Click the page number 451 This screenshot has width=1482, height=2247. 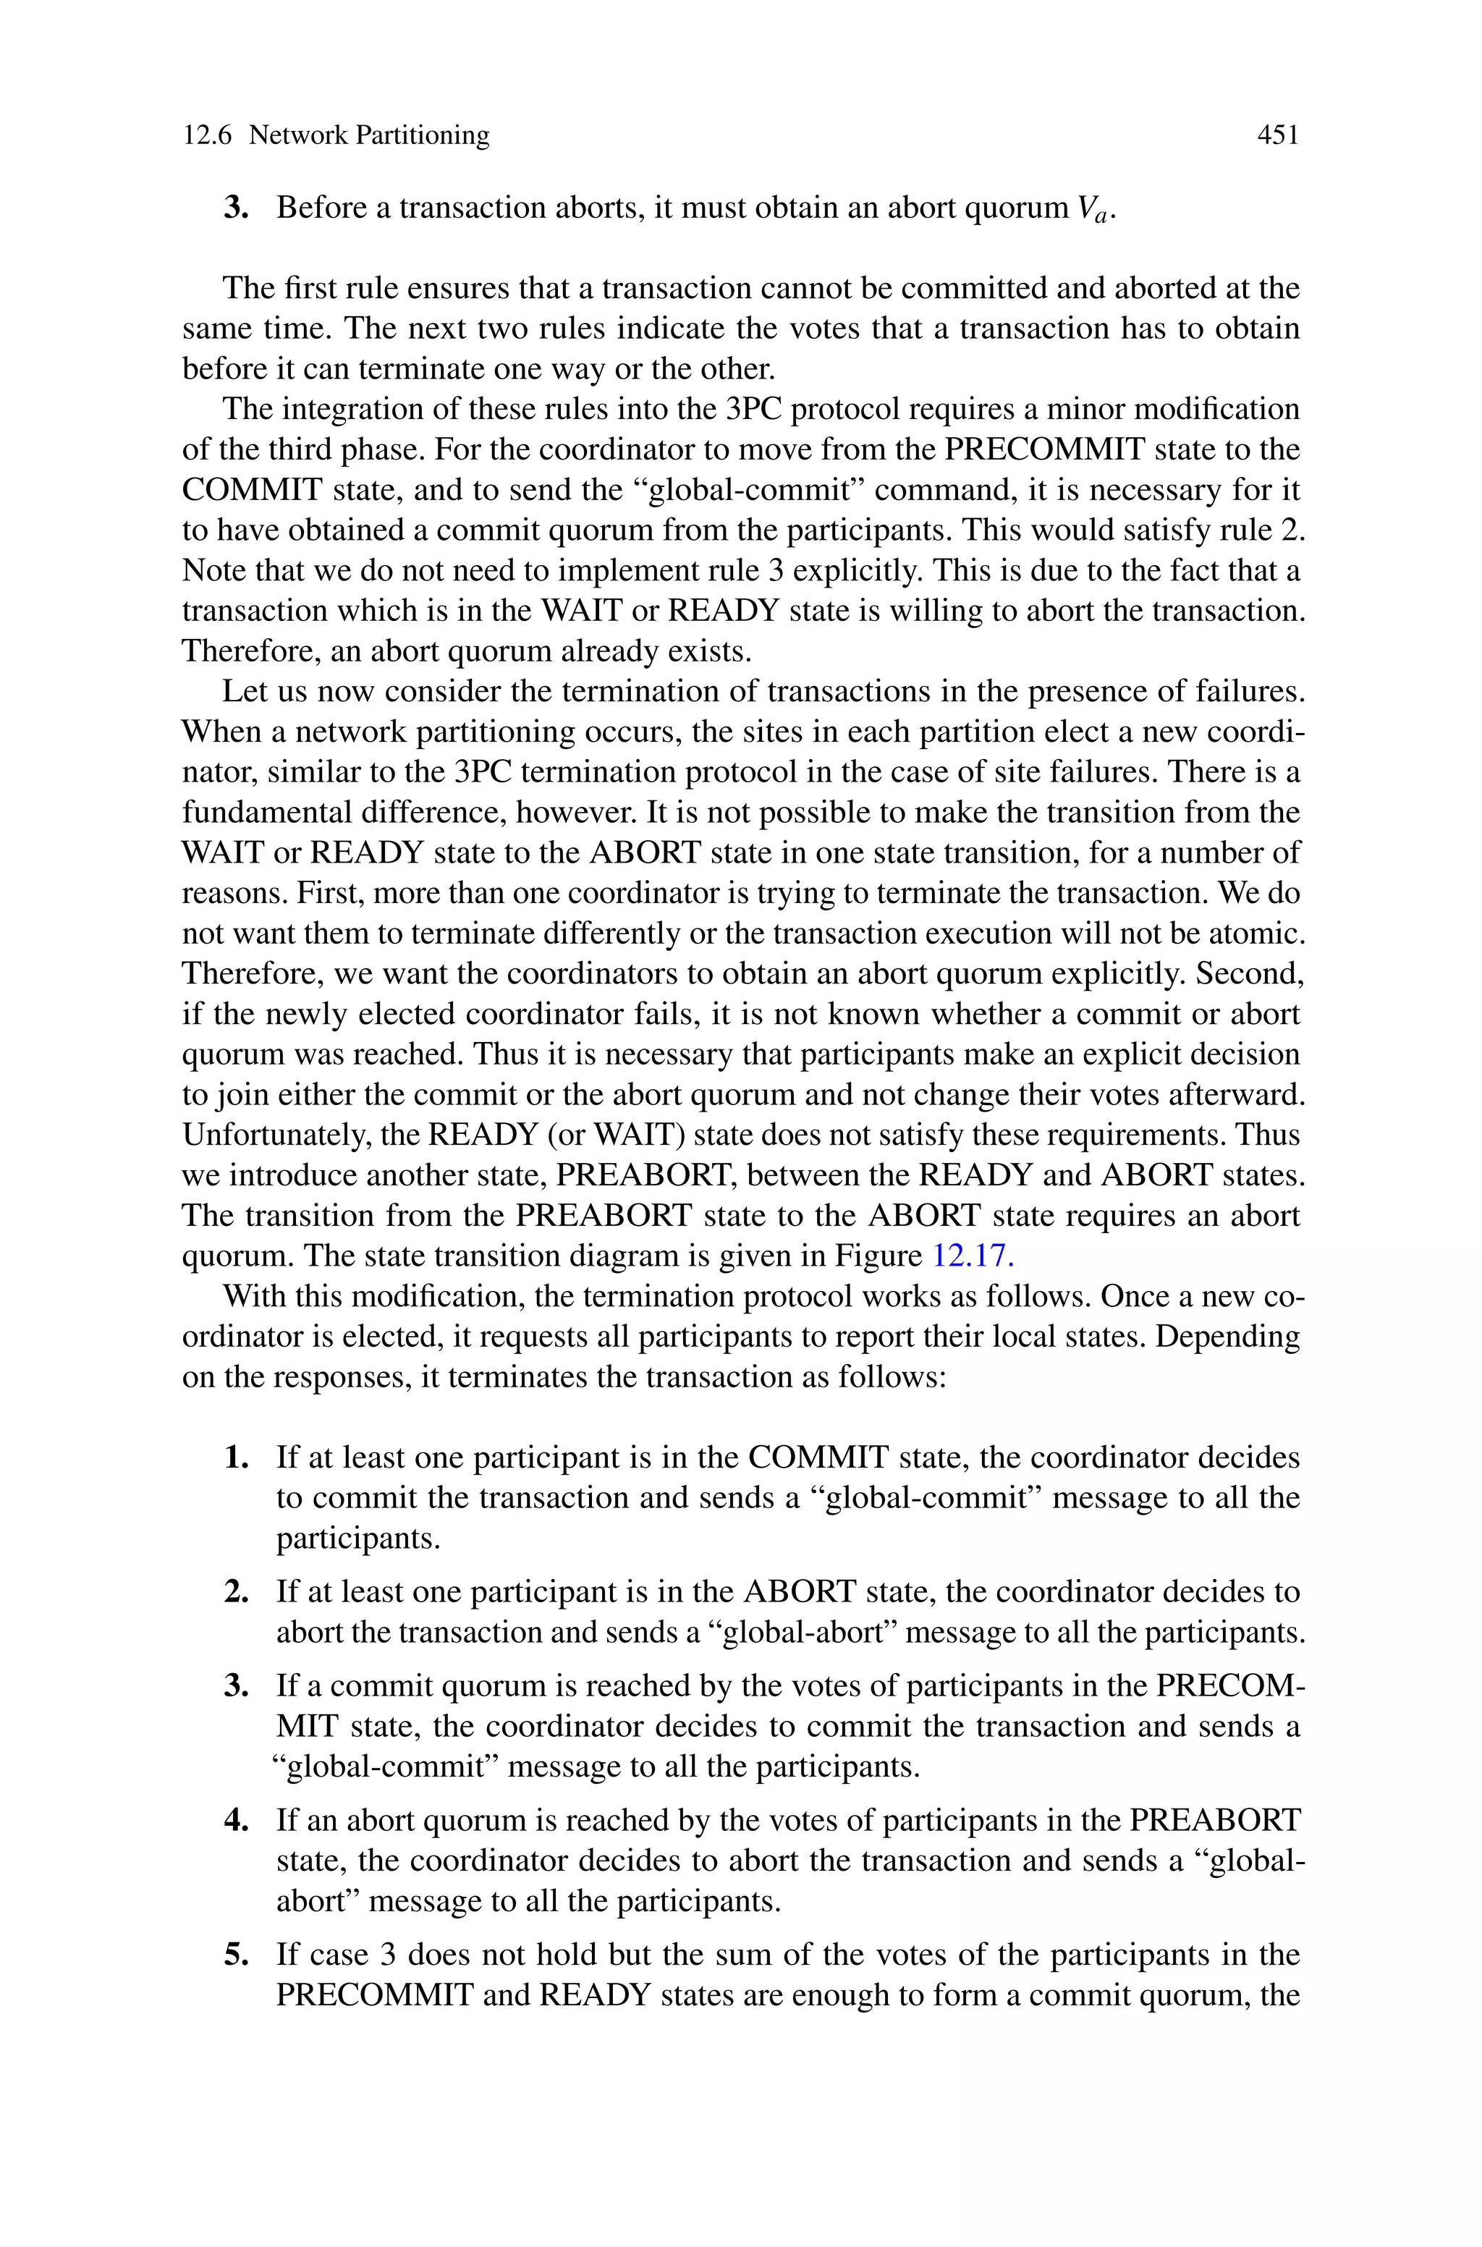(1278, 135)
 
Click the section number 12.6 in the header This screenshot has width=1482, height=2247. (206, 135)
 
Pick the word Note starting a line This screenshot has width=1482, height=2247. (213, 571)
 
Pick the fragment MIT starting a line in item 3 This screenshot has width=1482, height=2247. (306, 1727)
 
